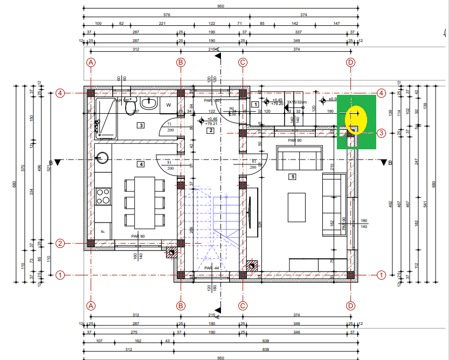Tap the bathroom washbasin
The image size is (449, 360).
click(150, 103)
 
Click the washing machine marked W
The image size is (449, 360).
click(169, 105)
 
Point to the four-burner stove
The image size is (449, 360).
click(103, 196)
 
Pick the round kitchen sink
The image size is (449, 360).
click(103, 158)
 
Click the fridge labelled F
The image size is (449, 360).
click(103, 231)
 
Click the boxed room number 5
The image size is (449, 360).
click(293, 176)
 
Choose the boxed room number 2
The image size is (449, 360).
click(211, 130)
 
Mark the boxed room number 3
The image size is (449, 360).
click(141, 126)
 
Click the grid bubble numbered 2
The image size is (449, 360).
click(60, 243)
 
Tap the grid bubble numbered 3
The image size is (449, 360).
click(381, 133)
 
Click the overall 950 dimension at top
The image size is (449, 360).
click(220, 6)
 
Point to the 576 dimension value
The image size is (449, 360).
click(167, 15)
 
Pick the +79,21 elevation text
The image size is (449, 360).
click(211, 123)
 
